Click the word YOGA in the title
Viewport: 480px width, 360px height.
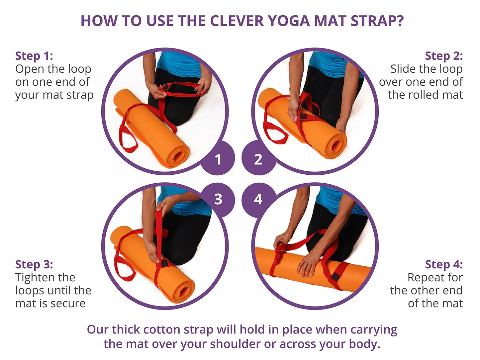[x=289, y=21]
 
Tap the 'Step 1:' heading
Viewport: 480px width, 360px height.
[x=34, y=56]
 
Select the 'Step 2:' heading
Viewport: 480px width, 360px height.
[x=444, y=56]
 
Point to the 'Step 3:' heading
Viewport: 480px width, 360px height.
[x=34, y=264]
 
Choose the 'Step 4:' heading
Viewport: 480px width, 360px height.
[x=444, y=264]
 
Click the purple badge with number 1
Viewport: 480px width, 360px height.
[x=218, y=158]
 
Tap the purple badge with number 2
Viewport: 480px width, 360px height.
[x=259, y=158]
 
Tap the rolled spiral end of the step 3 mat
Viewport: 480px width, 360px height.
[x=183, y=291]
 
